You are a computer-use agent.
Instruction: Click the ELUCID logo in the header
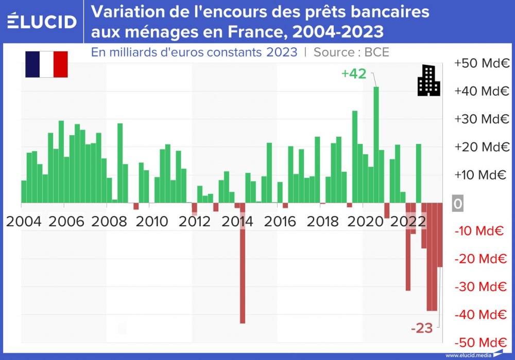point(42,21)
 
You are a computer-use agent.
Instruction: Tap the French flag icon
point(46,64)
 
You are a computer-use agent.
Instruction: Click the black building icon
point(428,80)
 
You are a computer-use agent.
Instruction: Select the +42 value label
point(354,74)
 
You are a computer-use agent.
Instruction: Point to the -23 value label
point(421,328)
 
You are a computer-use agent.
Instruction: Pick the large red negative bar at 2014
point(242,262)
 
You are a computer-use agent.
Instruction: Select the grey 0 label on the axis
point(457,204)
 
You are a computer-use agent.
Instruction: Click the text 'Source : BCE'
point(351,52)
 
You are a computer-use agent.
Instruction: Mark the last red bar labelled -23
point(440,235)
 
